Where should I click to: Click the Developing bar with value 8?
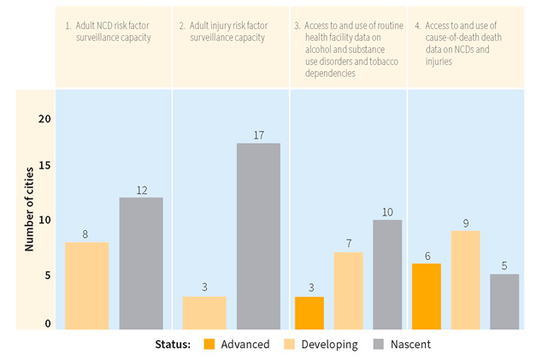pos(86,286)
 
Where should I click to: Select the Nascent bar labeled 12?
pos(141,263)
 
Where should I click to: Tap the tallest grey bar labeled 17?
pos(258,236)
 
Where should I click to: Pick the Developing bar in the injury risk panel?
pos(204,312)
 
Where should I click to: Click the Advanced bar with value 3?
pos(309,312)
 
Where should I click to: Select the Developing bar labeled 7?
pos(348,291)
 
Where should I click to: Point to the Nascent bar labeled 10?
pos(387,274)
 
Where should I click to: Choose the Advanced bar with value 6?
pos(427,296)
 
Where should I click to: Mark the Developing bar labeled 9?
pos(465,280)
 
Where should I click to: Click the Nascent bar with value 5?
pos(504,301)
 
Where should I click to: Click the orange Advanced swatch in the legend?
pos(209,344)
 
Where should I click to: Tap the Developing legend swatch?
pos(289,344)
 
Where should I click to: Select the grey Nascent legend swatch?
pos(380,344)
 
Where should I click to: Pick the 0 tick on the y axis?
pos(48,323)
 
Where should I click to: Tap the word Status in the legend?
pos(169,344)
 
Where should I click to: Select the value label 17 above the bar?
pos(258,135)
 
